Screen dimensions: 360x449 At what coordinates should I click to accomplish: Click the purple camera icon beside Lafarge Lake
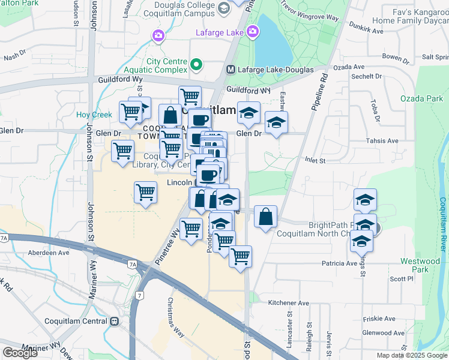coord(253,31)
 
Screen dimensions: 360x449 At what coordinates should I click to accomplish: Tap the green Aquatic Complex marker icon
coord(196,64)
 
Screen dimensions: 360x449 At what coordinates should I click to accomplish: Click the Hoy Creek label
coord(90,115)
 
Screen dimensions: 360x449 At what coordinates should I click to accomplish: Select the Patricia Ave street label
coord(339,263)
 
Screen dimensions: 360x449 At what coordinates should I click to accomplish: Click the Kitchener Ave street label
coord(288,302)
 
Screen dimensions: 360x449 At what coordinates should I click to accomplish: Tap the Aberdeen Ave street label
coord(48,253)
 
